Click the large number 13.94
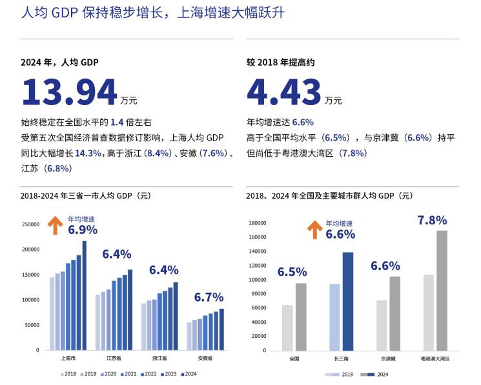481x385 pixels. (69, 92)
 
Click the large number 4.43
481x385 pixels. (283, 92)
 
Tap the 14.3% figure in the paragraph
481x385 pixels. (88, 153)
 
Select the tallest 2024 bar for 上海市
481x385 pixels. (84, 295)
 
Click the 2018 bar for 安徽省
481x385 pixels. (189, 336)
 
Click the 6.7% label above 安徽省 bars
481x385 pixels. (208, 297)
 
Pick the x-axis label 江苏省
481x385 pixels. (114, 358)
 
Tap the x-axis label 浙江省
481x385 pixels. (159, 358)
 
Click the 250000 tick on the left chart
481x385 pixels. (30, 224)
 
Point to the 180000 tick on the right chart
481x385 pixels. (258, 223)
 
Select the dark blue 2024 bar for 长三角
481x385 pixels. (347, 301)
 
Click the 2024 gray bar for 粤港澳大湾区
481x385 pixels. (442, 290)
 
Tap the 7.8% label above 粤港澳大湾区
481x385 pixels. (432, 220)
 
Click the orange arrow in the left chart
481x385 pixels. (56, 225)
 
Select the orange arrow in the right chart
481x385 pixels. (314, 229)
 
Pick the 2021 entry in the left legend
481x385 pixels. (130, 374)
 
